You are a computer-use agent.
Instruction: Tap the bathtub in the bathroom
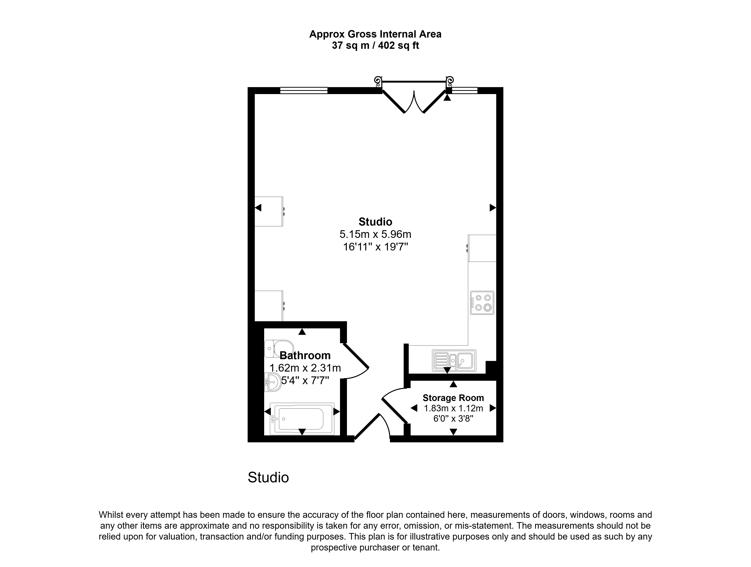pyautogui.click(x=302, y=419)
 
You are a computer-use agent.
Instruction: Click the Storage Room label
pyautogui.click(x=453, y=398)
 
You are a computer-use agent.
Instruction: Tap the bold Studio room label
pyautogui.click(x=375, y=222)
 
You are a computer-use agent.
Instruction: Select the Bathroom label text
pyautogui.click(x=305, y=355)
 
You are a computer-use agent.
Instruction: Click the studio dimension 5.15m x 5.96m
pyautogui.click(x=375, y=234)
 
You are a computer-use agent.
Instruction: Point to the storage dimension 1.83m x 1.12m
pyautogui.click(x=453, y=408)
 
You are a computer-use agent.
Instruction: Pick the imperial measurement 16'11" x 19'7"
pyautogui.click(x=375, y=247)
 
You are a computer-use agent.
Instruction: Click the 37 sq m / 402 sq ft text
pyautogui.click(x=375, y=45)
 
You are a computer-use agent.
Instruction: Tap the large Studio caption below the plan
pyautogui.click(x=268, y=477)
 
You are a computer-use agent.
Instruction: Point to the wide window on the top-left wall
pyautogui.click(x=304, y=90)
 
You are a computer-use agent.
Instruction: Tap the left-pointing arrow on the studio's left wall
pyautogui.click(x=258, y=207)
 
